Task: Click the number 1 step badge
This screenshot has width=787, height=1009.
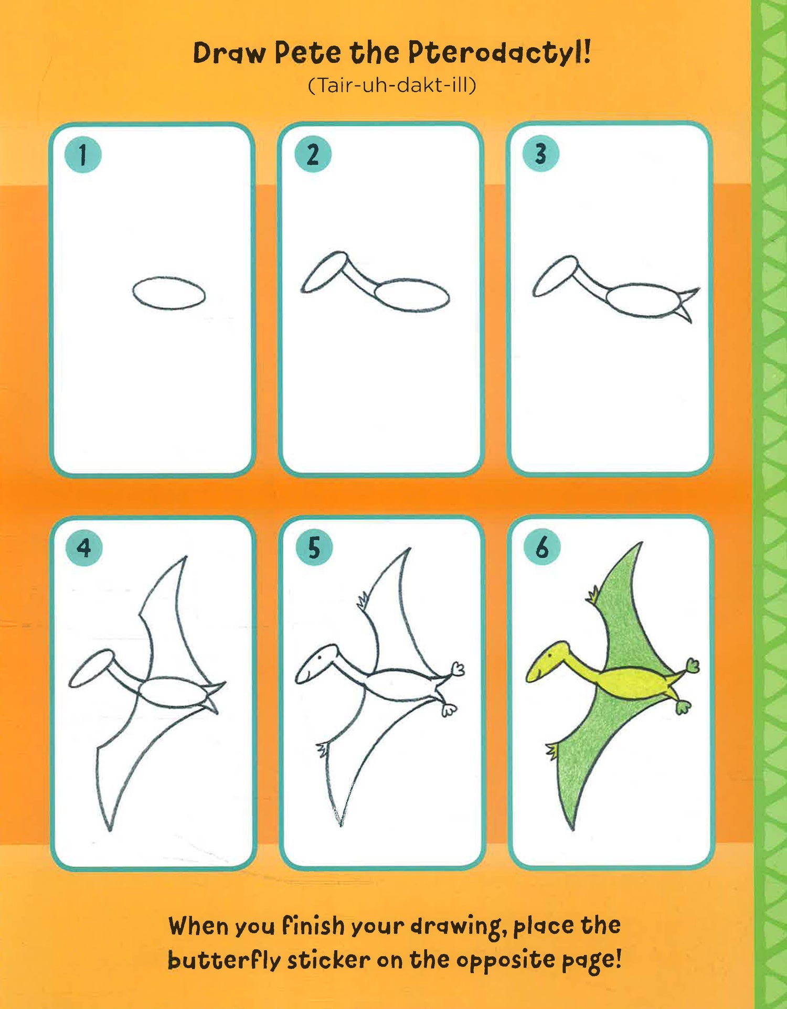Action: pos(83,155)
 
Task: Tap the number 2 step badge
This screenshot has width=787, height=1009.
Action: pos(313,155)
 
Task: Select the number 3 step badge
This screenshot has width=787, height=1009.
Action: pos(541,154)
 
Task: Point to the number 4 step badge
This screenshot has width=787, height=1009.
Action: pos(84,548)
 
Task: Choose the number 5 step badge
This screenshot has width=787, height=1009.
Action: pos(314,548)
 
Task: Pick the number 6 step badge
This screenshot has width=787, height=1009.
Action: pos(542,547)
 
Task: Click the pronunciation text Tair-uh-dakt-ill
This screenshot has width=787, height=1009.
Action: pos(392,85)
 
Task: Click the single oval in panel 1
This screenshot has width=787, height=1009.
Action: pos(169,293)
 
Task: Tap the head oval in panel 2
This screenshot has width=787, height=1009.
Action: pos(324,272)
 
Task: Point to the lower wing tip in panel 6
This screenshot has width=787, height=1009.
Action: pos(572,830)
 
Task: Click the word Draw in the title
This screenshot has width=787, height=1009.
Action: pos(229,53)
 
